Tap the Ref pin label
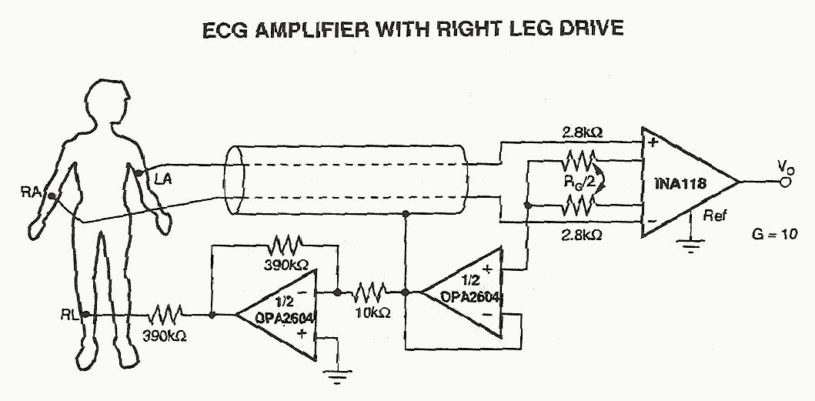click(713, 216)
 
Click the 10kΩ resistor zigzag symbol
click(372, 292)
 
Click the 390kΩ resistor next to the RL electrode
click(167, 314)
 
